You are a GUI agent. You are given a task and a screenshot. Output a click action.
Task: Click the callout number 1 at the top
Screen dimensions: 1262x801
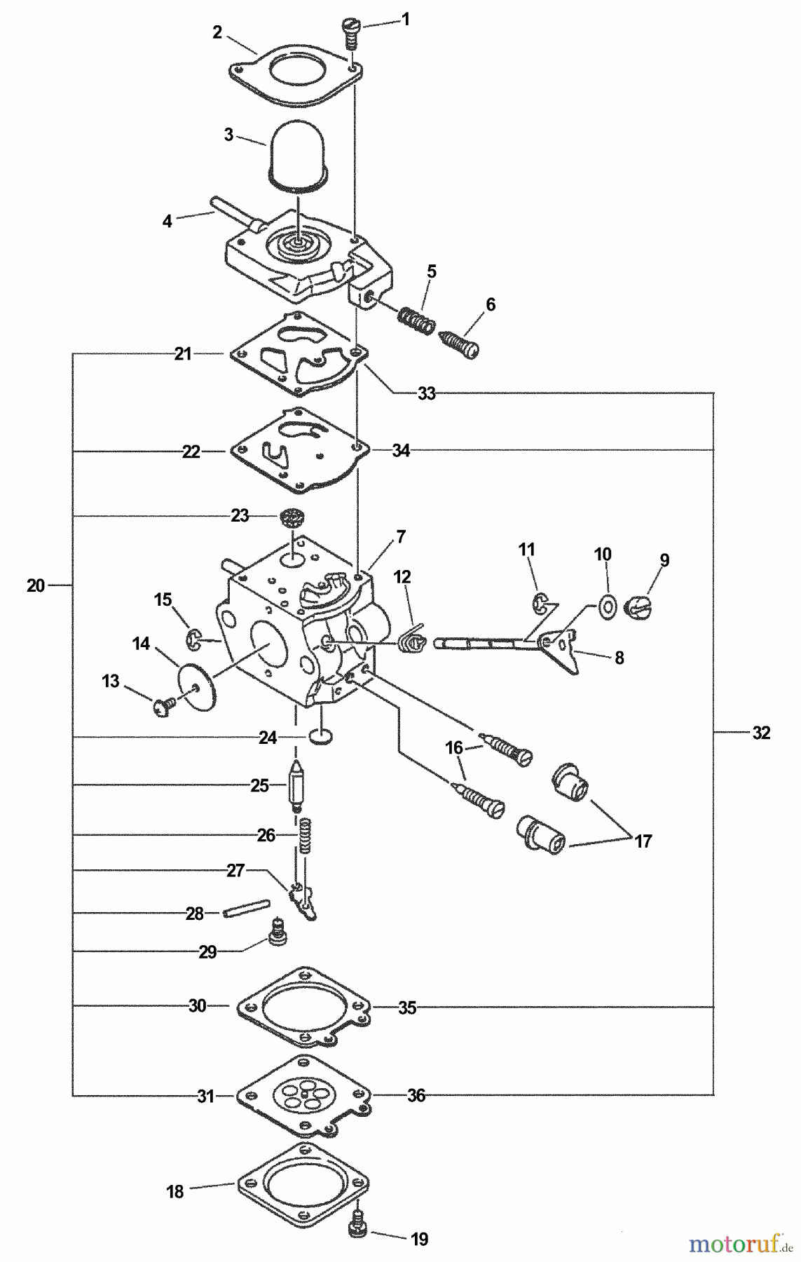[404, 20]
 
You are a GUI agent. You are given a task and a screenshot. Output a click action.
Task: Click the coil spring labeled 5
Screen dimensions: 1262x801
[416, 321]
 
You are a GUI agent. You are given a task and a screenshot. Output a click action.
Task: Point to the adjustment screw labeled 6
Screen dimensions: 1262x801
[459, 343]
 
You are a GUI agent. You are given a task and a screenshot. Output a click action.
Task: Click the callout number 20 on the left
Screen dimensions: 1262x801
[36, 585]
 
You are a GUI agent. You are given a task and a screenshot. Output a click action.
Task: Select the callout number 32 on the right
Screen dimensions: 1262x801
[761, 733]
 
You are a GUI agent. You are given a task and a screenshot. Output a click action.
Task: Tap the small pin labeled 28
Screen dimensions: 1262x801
[245, 909]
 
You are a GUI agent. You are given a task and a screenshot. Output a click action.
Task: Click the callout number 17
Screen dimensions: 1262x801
[643, 841]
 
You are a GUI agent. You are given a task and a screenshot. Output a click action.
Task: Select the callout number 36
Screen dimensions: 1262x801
[416, 1095]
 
